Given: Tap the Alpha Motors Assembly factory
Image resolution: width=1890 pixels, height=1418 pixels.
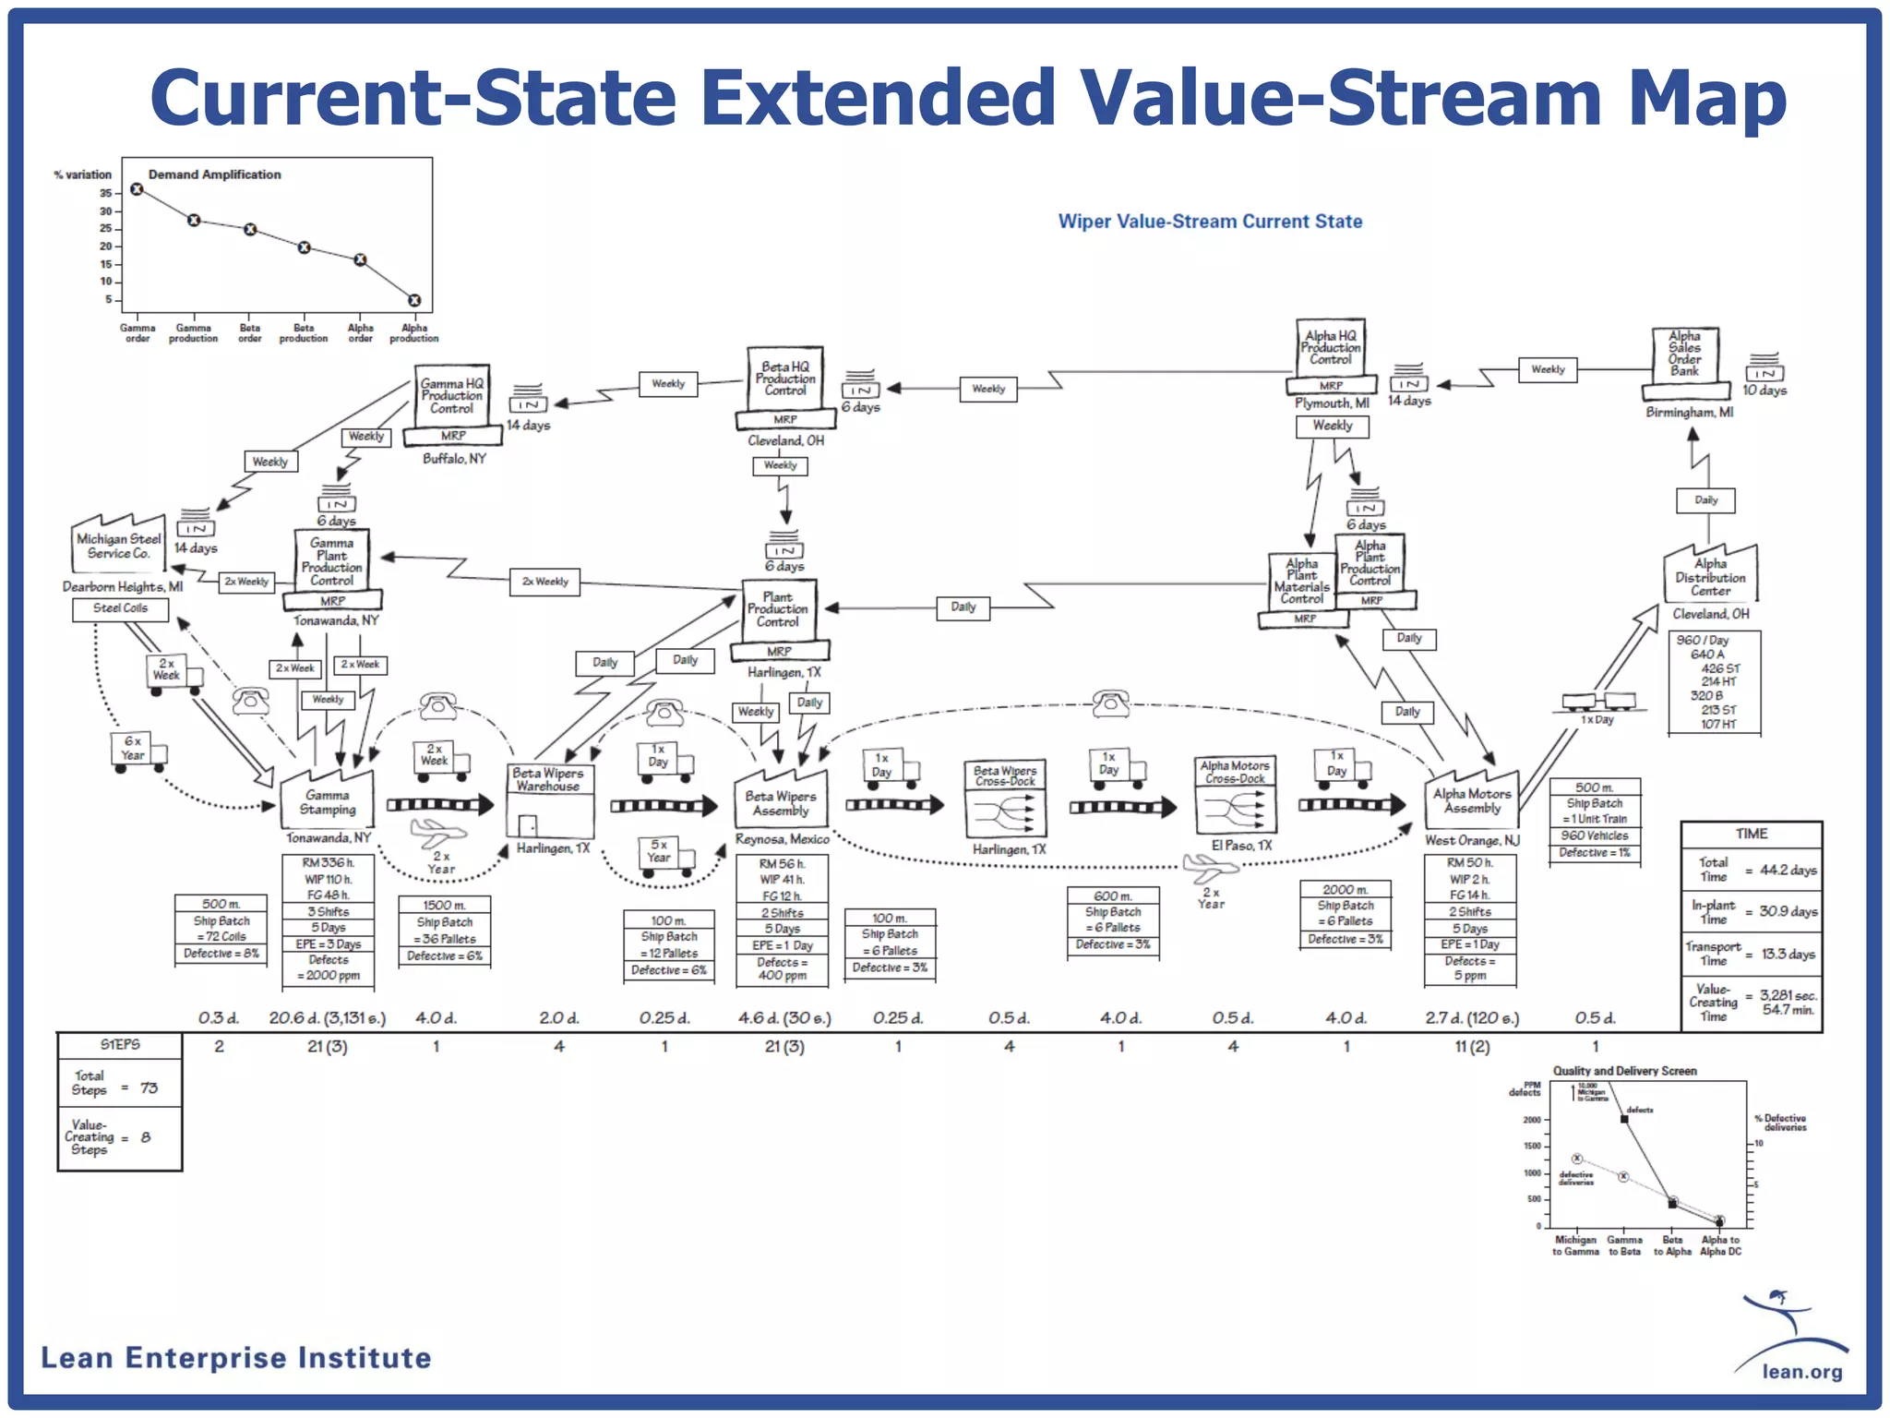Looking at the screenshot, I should tap(1472, 799).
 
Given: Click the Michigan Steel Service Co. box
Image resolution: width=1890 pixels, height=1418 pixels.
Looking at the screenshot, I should tap(118, 546).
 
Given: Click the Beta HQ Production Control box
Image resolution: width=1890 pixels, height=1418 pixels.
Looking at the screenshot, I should tap(784, 379).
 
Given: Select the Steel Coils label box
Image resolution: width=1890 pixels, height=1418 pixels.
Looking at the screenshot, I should tap(121, 608).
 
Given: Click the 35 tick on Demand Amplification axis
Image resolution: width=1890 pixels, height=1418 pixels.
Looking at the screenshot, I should tap(106, 193).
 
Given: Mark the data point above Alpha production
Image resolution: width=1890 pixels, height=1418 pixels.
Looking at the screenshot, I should tap(414, 300).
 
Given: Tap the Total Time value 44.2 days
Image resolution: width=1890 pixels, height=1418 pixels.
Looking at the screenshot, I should tap(1788, 870).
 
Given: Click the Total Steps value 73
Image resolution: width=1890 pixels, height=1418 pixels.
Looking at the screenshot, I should tap(149, 1088).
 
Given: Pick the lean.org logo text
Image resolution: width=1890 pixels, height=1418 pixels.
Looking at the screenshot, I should tap(1801, 1371).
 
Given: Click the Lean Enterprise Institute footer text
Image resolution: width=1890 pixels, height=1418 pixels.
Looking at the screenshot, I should tap(236, 1358).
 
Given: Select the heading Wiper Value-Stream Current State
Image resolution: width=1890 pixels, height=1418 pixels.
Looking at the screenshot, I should tap(1210, 222).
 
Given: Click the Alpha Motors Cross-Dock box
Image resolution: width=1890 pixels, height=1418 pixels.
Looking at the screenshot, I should tap(1235, 795).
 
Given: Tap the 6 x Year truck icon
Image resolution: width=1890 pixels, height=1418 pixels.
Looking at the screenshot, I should tap(136, 750).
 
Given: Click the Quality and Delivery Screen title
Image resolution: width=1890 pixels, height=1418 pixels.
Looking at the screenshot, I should tap(1624, 1071).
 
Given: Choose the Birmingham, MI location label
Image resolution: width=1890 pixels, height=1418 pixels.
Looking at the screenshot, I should tap(1689, 412).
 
